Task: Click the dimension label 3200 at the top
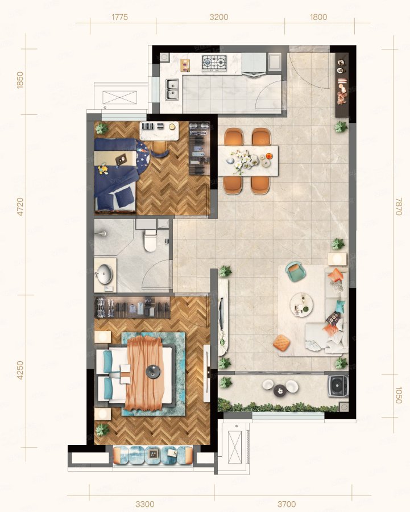[x=219, y=17]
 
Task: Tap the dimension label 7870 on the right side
[x=398, y=206]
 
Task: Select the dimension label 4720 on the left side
[x=20, y=207]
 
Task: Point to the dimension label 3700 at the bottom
[x=287, y=504]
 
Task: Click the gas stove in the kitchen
[x=214, y=63]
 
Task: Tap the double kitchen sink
[x=172, y=89]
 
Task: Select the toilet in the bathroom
[x=150, y=240]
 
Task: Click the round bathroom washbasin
[x=104, y=273]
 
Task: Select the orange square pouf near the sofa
[x=281, y=343]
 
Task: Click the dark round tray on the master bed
[x=153, y=371]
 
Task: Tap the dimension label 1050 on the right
[x=398, y=395]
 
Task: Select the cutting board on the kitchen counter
[x=185, y=65]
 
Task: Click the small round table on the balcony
[x=279, y=390]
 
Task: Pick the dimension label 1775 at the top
[x=119, y=17]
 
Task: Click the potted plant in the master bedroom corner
[x=102, y=430]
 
